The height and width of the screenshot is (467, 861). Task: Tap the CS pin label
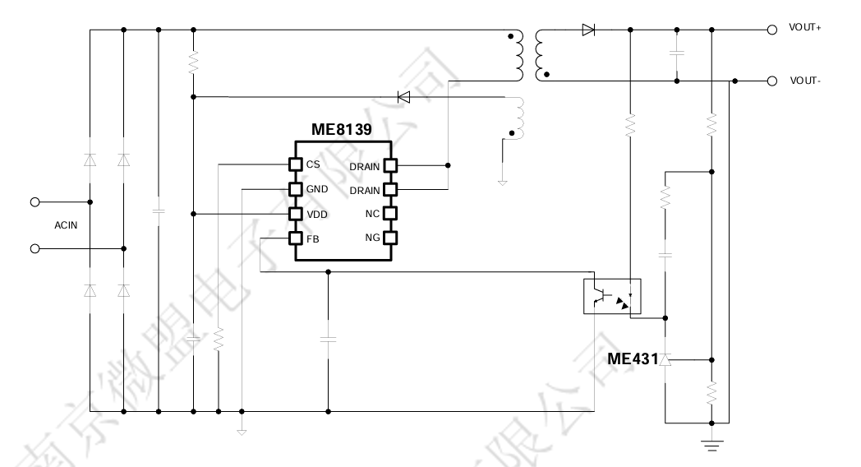(x=313, y=164)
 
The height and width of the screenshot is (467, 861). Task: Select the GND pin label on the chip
(x=316, y=189)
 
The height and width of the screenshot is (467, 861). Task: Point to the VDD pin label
(x=316, y=214)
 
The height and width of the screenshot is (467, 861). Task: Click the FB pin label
(x=312, y=238)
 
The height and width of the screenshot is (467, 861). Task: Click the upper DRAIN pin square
(x=390, y=165)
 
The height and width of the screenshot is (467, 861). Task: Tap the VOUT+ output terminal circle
(x=771, y=30)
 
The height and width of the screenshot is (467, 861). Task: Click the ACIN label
(x=66, y=224)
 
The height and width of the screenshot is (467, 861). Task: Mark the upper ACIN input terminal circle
(x=35, y=201)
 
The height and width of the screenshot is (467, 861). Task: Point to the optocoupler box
(x=611, y=297)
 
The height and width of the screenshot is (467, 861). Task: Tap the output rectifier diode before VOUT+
(x=587, y=30)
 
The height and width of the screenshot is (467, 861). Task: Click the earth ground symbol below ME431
(x=711, y=447)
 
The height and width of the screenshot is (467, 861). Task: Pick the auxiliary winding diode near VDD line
(x=403, y=97)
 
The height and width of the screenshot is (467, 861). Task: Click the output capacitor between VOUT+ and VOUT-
(x=677, y=53)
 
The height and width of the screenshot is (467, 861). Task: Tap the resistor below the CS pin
(x=218, y=340)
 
